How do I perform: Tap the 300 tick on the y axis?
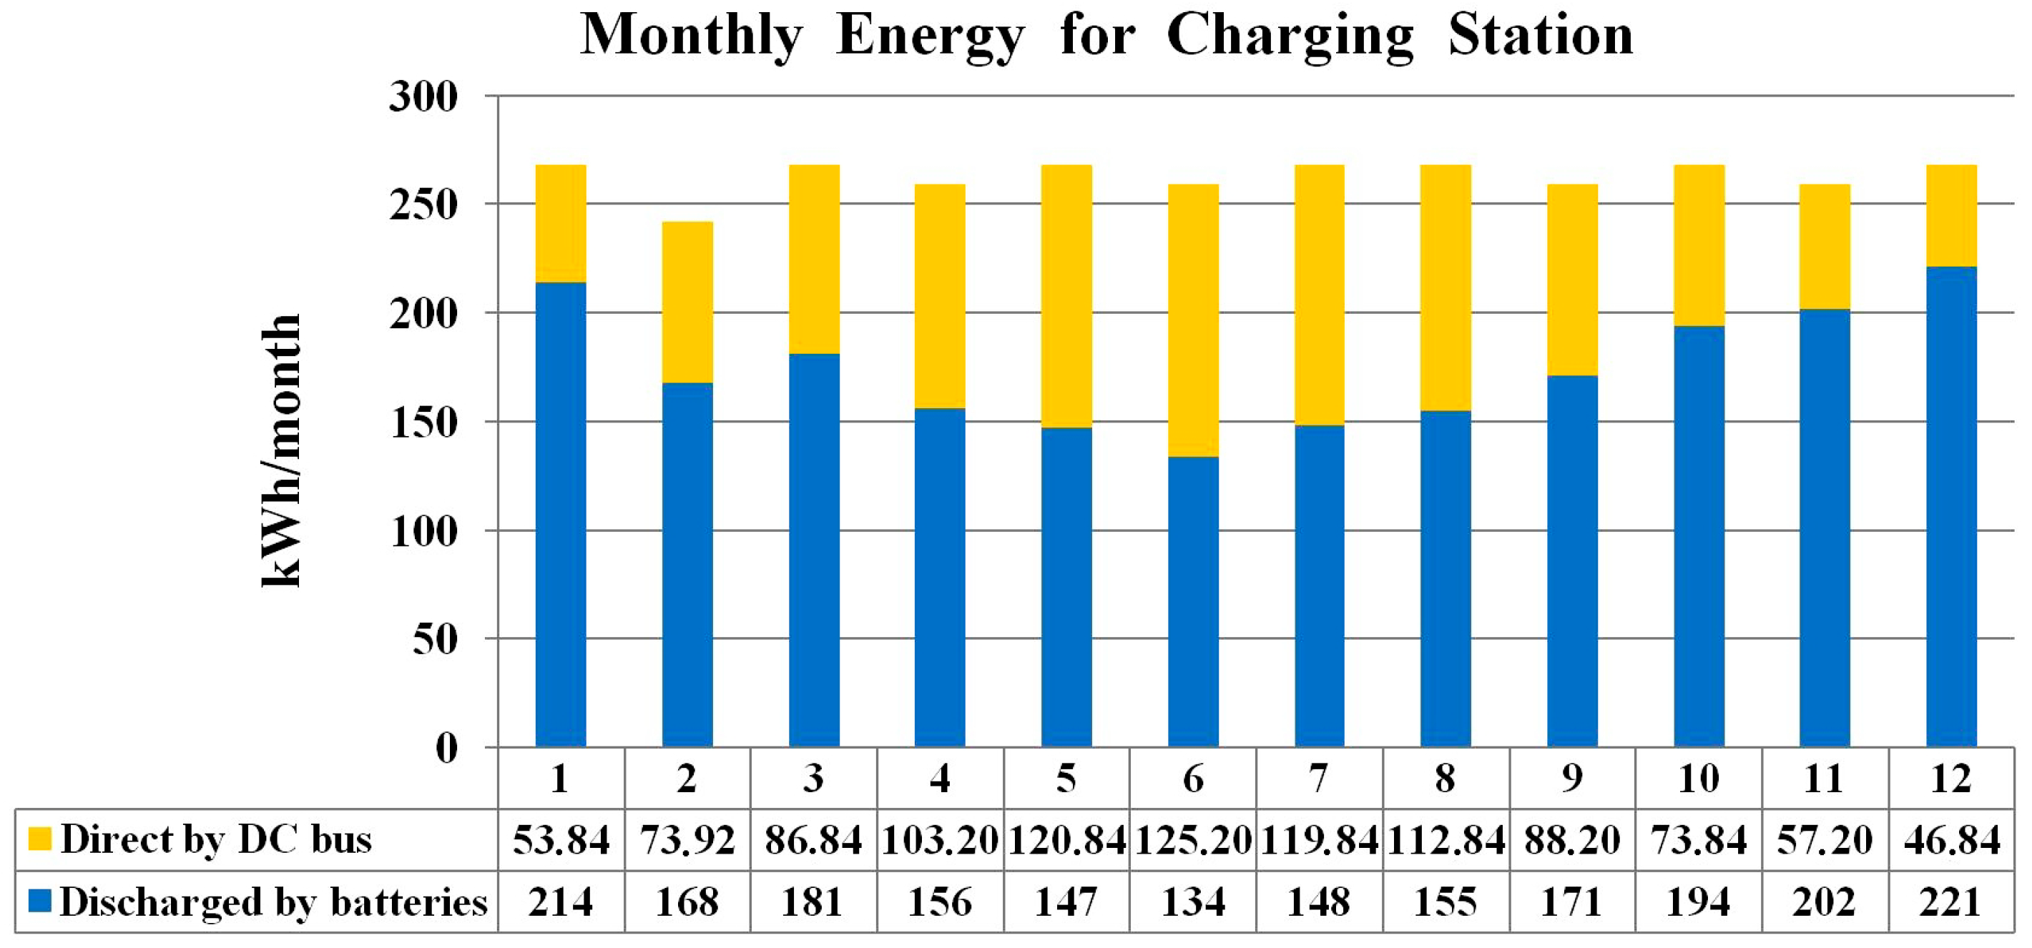point(423,98)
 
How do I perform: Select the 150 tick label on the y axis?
point(423,423)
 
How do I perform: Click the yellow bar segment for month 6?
point(1193,320)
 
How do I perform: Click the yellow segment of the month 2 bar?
point(687,302)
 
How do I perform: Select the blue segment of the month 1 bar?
point(560,513)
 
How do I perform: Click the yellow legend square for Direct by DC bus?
point(39,839)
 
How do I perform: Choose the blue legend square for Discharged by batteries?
point(39,901)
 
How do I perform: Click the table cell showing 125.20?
point(1193,840)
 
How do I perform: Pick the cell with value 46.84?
point(1952,840)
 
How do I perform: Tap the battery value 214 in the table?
point(560,902)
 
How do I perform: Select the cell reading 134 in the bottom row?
point(1193,902)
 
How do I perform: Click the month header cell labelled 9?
point(1571,779)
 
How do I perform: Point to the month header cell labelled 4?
point(940,779)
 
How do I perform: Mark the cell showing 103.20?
point(940,840)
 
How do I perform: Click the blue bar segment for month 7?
point(1319,583)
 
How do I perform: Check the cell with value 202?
point(1825,902)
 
